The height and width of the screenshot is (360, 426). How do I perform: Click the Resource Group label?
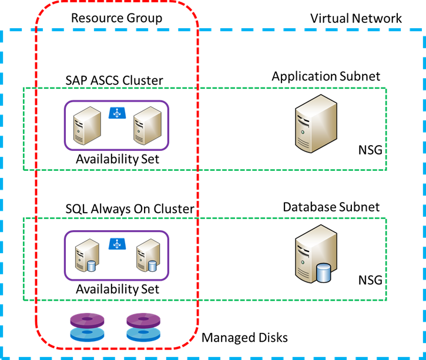click(x=116, y=18)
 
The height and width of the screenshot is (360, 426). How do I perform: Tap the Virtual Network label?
click(x=356, y=18)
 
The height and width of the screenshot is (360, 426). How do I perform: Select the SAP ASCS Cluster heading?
click(x=115, y=79)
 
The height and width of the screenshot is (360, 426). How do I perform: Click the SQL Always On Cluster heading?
click(x=130, y=209)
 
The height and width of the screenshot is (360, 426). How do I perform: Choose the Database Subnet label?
click(x=331, y=207)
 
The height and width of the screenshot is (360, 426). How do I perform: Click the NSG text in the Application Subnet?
click(x=370, y=150)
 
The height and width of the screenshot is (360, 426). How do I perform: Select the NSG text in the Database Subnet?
click(x=370, y=280)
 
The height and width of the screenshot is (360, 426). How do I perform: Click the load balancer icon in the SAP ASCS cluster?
click(x=116, y=112)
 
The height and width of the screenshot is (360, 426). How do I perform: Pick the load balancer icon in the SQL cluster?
click(x=116, y=243)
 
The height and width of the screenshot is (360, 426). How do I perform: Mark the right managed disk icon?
click(x=143, y=327)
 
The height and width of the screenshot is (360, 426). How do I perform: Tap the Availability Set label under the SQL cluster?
click(x=117, y=290)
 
